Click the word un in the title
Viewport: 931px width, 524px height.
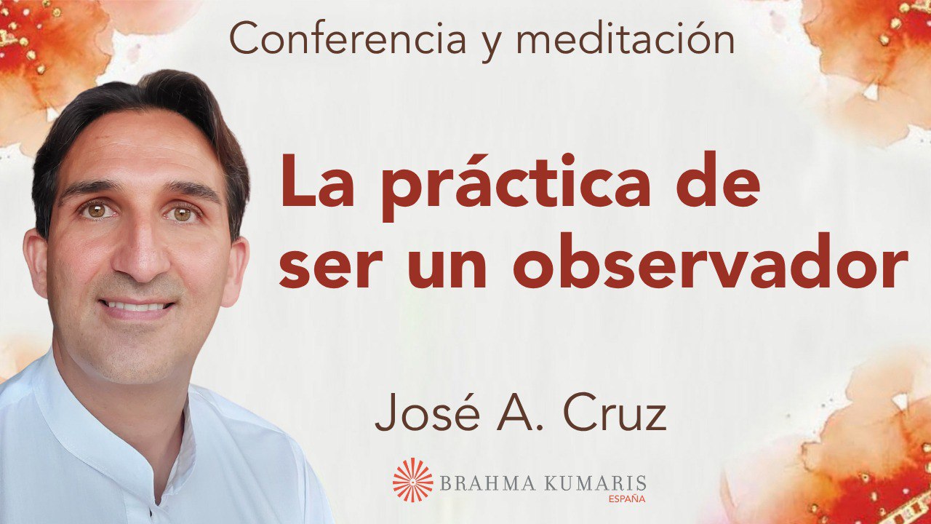tap(438, 266)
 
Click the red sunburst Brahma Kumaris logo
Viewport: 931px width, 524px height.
tap(412, 480)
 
